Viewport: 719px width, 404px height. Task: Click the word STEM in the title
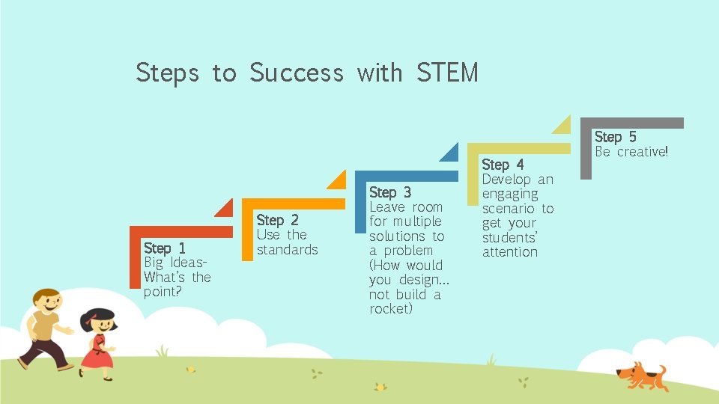(x=447, y=73)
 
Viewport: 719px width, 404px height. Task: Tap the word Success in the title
(x=296, y=73)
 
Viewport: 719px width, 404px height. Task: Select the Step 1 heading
(x=165, y=248)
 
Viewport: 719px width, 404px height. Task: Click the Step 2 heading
(x=277, y=220)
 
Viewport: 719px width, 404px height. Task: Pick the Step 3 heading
(x=390, y=192)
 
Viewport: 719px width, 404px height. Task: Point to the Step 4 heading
(x=503, y=164)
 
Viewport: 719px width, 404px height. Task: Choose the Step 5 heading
(x=615, y=137)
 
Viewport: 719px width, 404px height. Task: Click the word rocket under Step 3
(x=390, y=309)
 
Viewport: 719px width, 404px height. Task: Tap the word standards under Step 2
(x=287, y=249)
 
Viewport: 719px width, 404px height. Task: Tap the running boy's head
(x=47, y=302)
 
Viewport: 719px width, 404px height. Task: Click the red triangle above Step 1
(x=225, y=208)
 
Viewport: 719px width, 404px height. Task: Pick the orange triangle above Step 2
(x=336, y=180)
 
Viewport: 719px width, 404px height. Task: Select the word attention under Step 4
(x=509, y=252)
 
